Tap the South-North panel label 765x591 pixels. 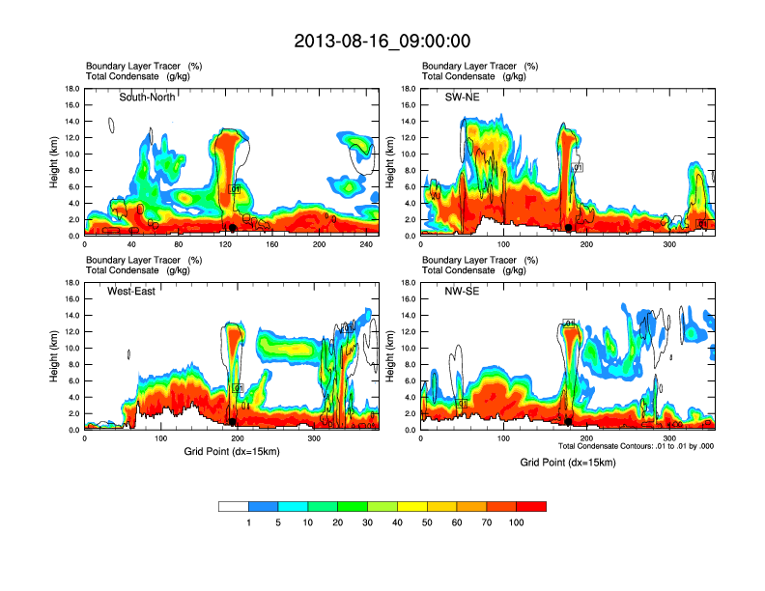[148, 97]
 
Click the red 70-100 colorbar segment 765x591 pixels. [531, 506]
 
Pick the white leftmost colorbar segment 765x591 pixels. [234, 506]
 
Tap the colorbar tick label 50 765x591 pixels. [427, 521]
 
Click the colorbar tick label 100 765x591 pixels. [517, 521]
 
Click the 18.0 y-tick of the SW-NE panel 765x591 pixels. [408, 89]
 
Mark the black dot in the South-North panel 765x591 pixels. [232, 228]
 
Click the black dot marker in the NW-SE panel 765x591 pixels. [569, 422]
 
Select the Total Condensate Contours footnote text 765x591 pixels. [636, 446]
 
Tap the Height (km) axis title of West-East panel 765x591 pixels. [54, 356]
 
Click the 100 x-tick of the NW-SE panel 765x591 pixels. [503, 438]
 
